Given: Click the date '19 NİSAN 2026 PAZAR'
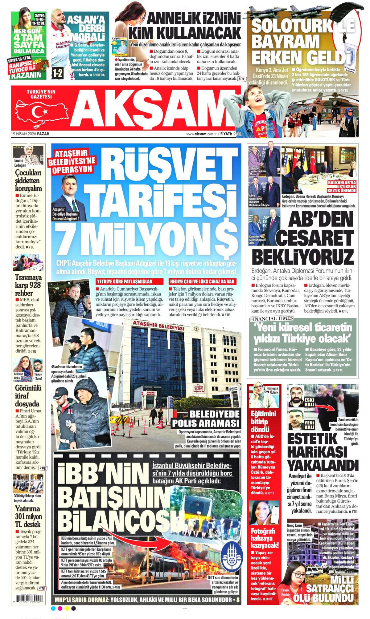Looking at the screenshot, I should pyautogui.click(x=30, y=134).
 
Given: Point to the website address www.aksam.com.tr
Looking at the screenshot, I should pyautogui.click(x=201, y=134).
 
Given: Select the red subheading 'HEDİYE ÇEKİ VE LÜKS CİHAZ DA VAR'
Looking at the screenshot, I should pyautogui.click(x=202, y=281).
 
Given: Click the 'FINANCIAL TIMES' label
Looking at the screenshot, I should pyautogui.click(x=271, y=318).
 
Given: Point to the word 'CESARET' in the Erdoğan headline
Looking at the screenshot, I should pyautogui.click(x=314, y=238).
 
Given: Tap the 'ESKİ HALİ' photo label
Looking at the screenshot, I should pyautogui.click(x=309, y=402).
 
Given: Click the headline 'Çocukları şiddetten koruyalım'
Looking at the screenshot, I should pyautogui.click(x=28, y=180).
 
